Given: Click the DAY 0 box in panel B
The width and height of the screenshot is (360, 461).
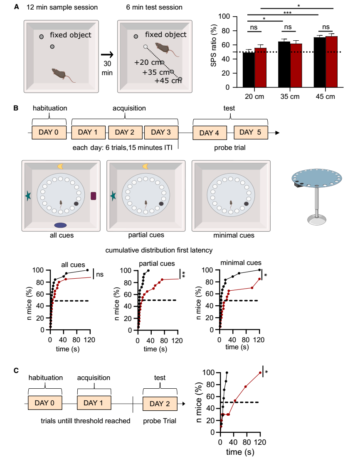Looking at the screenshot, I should (x=49, y=132).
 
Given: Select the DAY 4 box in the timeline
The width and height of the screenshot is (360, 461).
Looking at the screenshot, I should (x=210, y=133).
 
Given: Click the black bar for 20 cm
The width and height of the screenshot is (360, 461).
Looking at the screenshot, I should (x=248, y=70).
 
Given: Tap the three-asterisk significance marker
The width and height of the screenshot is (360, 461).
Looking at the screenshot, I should (x=287, y=13).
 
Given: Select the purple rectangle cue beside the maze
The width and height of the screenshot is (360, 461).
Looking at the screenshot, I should (x=93, y=196).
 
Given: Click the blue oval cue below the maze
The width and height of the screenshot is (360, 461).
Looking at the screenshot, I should (x=61, y=225).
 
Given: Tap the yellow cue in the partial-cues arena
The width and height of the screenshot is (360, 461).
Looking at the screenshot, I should (x=146, y=166).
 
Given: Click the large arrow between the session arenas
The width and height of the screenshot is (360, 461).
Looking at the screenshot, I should (x=107, y=54).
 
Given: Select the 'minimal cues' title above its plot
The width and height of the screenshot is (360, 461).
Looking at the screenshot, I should (x=241, y=262).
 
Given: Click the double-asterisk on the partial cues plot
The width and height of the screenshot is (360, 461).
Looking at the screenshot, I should (x=182, y=274).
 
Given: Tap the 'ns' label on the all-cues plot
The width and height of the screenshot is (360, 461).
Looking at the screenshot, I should (x=100, y=275).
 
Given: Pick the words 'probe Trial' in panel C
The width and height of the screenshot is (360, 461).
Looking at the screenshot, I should (x=160, y=421).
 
